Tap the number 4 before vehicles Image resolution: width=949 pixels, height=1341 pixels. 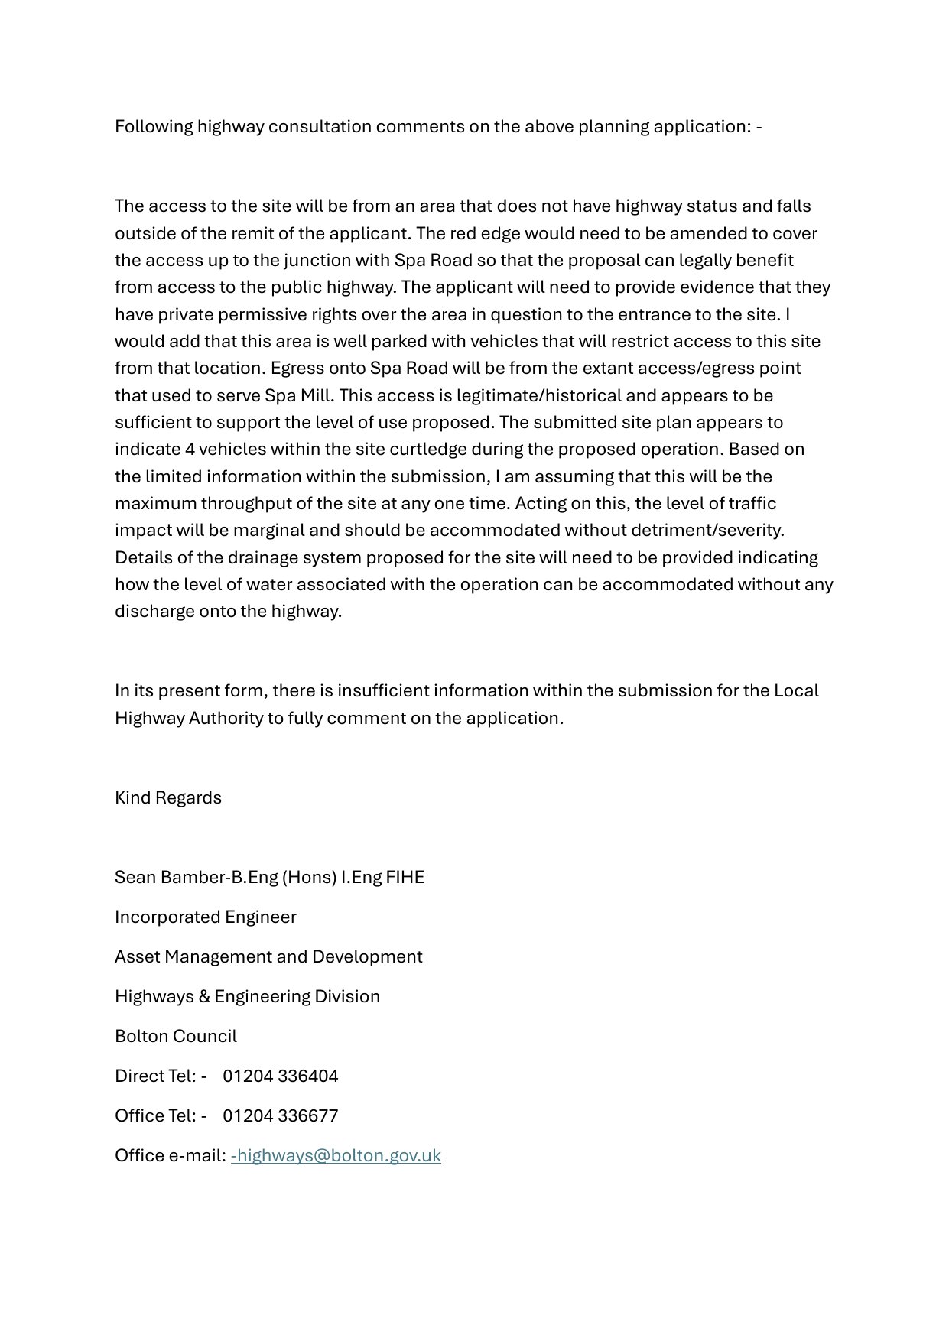click(x=190, y=449)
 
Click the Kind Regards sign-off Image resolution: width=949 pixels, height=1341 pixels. click(x=168, y=797)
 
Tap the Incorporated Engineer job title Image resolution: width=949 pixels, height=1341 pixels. click(x=205, y=917)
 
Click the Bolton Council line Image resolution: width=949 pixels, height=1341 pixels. click(x=176, y=1036)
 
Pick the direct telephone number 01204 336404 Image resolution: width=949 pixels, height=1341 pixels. click(x=280, y=1076)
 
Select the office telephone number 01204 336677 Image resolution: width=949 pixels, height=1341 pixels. click(x=280, y=1115)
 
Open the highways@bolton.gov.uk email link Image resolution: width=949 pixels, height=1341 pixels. click(x=336, y=1155)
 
